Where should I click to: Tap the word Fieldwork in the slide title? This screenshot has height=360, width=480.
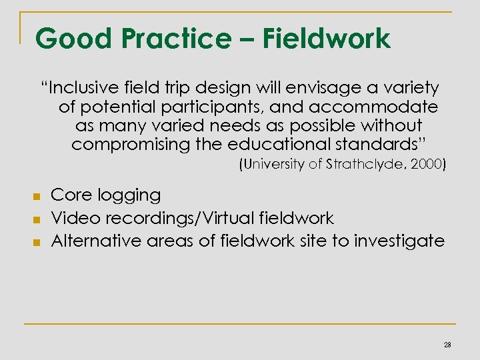[327, 39]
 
